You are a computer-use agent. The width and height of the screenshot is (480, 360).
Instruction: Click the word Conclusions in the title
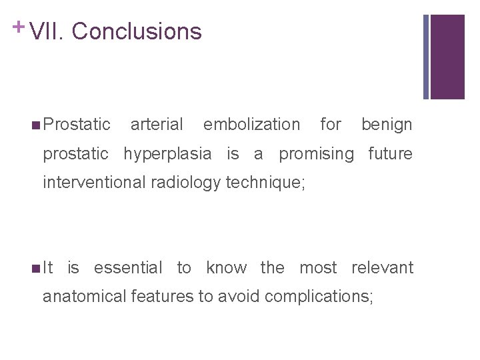coord(136,31)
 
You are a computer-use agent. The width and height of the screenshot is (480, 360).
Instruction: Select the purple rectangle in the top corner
coord(447,57)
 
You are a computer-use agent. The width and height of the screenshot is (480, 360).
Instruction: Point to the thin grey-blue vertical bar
coord(426,57)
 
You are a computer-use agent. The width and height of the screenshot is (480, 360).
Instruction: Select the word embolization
coord(251,125)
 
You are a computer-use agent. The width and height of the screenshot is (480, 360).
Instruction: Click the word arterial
coord(157,125)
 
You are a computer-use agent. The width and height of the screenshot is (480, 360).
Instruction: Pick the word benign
coord(387,125)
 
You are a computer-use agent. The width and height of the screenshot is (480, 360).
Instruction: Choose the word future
coord(391,154)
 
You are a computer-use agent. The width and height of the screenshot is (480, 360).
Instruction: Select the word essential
coord(128,268)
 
